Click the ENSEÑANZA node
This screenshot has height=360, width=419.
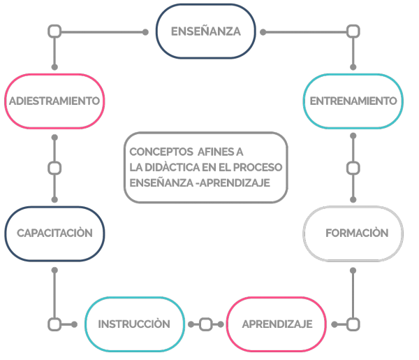coord(206,31)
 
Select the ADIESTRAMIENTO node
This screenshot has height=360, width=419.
coord(54,101)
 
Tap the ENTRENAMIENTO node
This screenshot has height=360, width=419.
coord(353,101)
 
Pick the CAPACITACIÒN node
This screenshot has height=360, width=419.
coord(54,233)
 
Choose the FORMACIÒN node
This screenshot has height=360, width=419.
coord(353,233)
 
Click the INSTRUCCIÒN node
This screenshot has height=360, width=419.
coord(135,324)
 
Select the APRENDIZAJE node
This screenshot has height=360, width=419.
coord(277,324)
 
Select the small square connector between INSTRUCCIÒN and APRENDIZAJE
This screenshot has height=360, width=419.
coord(206,324)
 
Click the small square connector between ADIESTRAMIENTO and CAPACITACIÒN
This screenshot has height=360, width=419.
coord(54,168)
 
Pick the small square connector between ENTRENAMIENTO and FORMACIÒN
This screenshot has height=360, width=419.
coord(353,168)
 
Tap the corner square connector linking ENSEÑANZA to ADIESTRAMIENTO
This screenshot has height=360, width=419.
coord(54,31)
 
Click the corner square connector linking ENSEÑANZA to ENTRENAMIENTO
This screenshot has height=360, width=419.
coord(353,31)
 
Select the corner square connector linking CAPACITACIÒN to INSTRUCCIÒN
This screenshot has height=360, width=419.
coord(54,324)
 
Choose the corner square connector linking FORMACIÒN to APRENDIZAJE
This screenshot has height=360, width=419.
coord(353,324)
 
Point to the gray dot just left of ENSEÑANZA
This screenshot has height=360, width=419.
coord(145,32)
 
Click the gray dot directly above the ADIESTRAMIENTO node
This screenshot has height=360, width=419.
coord(54,67)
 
